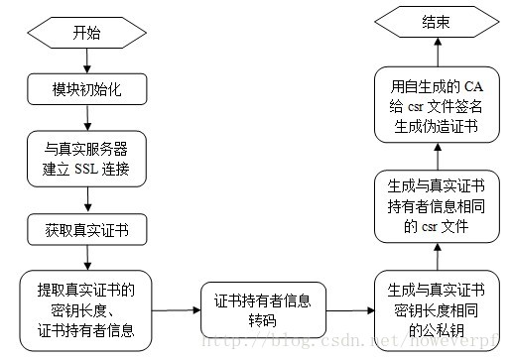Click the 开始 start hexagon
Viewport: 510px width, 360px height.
(87, 32)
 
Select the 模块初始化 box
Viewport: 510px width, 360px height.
(87, 87)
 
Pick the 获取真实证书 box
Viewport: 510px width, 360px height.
(87, 230)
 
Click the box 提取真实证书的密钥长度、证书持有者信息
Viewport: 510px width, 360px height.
(87, 309)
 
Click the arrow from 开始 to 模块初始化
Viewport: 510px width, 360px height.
(87, 60)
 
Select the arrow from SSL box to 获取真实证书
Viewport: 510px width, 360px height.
(87, 201)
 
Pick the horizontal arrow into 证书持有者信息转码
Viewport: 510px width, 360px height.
(176, 310)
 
